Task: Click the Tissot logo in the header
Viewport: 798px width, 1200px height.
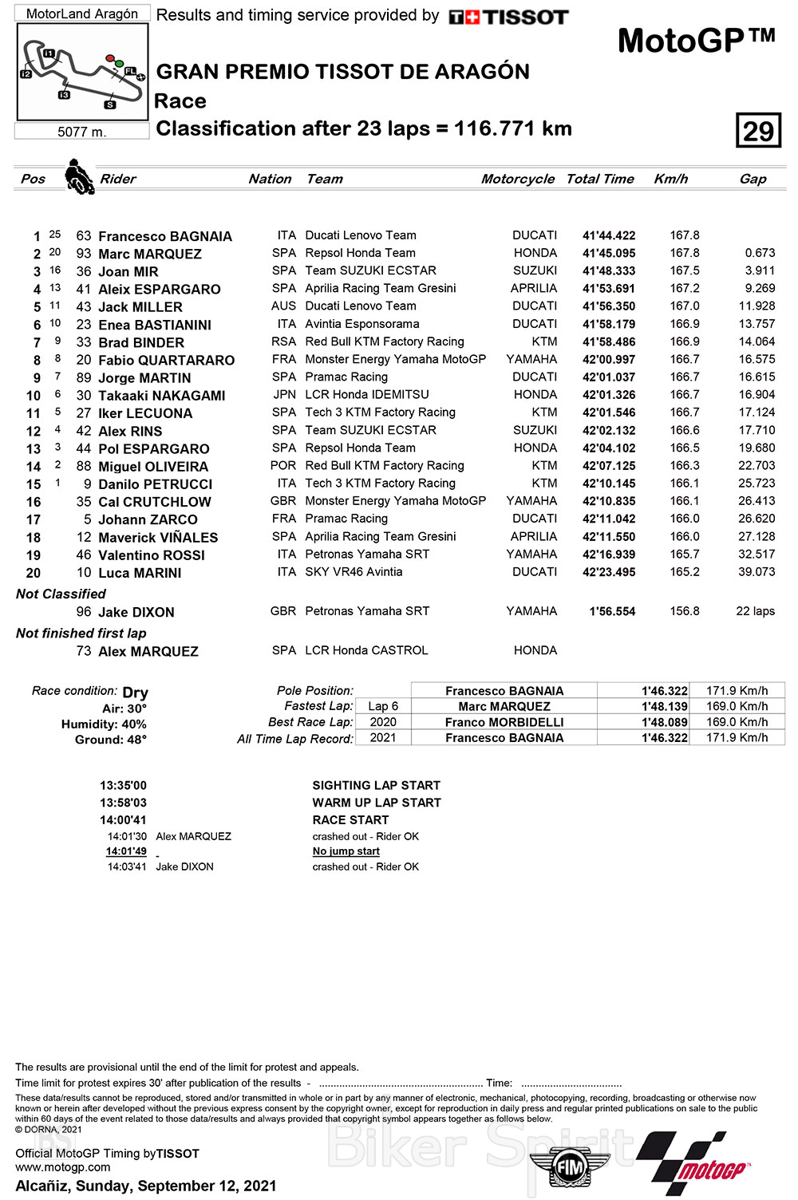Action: click(x=508, y=17)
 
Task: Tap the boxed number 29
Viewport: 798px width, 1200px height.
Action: click(x=758, y=131)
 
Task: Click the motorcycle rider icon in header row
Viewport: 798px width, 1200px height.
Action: click(x=78, y=176)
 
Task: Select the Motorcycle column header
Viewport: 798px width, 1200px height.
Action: click(x=517, y=179)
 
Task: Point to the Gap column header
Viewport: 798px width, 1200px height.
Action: click(x=753, y=179)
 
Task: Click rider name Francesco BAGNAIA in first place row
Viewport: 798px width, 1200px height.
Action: click(x=165, y=236)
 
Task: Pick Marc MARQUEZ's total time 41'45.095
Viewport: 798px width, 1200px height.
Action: click(x=609, y=254)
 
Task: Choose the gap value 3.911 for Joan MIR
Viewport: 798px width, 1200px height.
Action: click(x=760, y=270)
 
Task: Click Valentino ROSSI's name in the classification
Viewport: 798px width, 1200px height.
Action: click(x=152, y=555)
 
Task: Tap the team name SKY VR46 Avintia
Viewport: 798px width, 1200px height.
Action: click(x=354, y=572)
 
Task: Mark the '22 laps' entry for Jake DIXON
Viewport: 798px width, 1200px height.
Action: click(x=755, y=611)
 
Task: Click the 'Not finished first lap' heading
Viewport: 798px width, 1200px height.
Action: click(x=81, y=633)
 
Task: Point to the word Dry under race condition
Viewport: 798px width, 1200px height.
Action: click(x=135, y=692)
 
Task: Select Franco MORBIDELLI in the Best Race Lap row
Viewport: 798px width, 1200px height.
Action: click(x=504, y=722)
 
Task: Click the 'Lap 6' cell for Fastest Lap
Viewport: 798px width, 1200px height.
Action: click(x=383, y=706)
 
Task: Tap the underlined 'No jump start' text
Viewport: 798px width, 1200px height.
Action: click(x=346, y=851)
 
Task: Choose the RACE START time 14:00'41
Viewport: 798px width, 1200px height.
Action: click(x=123, y=819)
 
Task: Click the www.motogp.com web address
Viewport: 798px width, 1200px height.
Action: click(x=63, y=1167)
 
